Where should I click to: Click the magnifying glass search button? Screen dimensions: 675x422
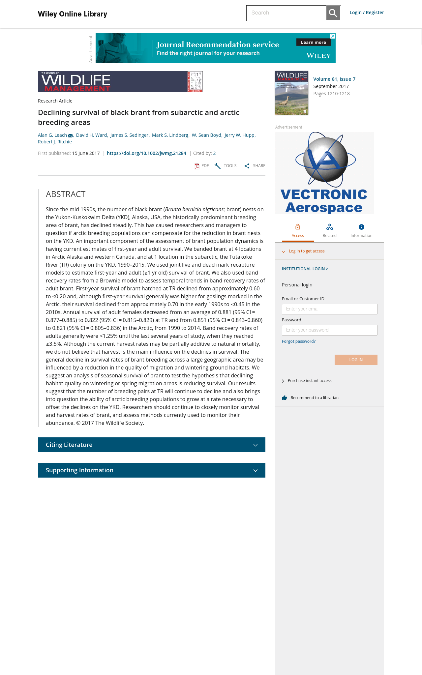[x=333, y=13]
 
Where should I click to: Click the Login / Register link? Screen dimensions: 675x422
[x=367, y=13]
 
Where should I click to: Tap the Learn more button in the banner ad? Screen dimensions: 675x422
[x=313, y=42]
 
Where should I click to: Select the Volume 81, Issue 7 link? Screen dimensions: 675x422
[x=334, y=79]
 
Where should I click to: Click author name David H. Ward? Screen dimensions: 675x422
[x=92, y=135]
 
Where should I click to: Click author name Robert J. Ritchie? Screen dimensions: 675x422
[x=55, y=142]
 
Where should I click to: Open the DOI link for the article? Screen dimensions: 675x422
[x=146, y=153]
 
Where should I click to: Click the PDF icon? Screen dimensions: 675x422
[x=197, y=166]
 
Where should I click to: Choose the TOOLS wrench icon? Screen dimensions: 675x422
[x=218, y=166]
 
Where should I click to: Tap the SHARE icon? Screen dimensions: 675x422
[x=247, y=166]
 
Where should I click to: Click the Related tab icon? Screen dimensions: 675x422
[x=330, y=227]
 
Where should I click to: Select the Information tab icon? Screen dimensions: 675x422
[x=361, y=227]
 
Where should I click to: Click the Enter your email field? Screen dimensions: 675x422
[x=330, y=309]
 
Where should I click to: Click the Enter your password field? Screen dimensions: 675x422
[x=330, y=330]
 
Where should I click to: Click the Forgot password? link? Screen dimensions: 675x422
[x=299, y=341]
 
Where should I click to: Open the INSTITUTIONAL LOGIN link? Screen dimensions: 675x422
[x=305, y=269]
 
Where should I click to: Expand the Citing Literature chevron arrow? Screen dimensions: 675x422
[x=256, y=445]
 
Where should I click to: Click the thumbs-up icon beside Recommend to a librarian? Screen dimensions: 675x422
[x=285, y=398]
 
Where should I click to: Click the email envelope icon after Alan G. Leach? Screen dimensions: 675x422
[x=70, y=135]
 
